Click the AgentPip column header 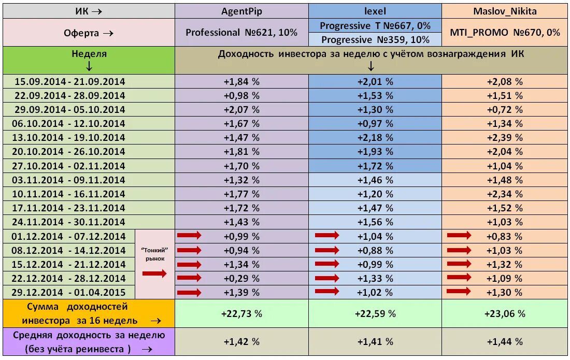tap(242, 10)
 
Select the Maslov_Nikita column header tap(505, 10)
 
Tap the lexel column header tap(375, 10)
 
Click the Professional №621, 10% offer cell tap(242, 32)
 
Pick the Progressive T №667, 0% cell tap(375, 25)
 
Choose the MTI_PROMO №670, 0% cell tap(505, 32)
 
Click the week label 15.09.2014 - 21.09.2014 tap(70, 82)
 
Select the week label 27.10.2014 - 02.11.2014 tap(70, 166)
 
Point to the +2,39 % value tap(505, 138)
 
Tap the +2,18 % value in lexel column tap(375, 138)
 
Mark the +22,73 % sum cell tap(242, 313)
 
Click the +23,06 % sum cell tap(505, 313)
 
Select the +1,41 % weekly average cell tap(375, 342)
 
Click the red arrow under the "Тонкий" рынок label tap(154, 274)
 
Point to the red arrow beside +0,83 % tap(459, 236)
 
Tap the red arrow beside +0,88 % tap(327, 250)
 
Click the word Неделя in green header tap(89, 54)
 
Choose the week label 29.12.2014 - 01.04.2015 tap(70, 293)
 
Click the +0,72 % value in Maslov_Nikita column tap(505, 110)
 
